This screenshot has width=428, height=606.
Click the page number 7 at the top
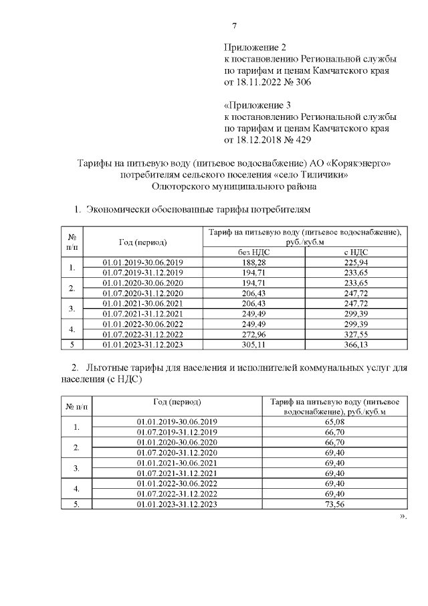pyautogui.click(x=234, y=26)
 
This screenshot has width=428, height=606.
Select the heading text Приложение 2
pyautogui.click(x=254, y=48)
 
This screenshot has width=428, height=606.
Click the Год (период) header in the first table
pyautogui.click(x=142, y=241)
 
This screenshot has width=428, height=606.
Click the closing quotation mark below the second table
pyautogui.click(x=403, y=517)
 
